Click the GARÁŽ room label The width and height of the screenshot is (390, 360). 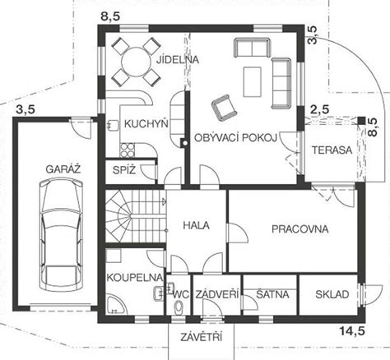coord(63,169)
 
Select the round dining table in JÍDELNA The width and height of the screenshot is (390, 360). coord(137,62)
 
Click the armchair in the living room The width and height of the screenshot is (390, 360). coord(224,108)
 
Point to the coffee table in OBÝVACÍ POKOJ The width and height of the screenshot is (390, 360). coord(253,81)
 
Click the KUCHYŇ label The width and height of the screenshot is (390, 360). coord(146,124)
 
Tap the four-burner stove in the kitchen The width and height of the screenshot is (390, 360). coord(128,150)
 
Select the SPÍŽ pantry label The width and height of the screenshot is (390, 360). coord(124,170)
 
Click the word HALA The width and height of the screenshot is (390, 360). coord(196,225)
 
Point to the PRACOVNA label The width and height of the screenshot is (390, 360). coord(300,229)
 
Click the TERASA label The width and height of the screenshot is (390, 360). coord(332,150)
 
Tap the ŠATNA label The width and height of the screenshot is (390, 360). coord(272,294)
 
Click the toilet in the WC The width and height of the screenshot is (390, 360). coord(179,306)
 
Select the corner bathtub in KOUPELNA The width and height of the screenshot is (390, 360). coord(117,305)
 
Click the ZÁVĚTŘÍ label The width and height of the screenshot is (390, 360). coord(201,337)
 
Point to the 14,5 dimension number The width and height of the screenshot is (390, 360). coord(352,331)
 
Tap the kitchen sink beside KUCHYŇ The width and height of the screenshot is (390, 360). coord(113,125)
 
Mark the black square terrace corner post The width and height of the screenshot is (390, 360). coord(361,120)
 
